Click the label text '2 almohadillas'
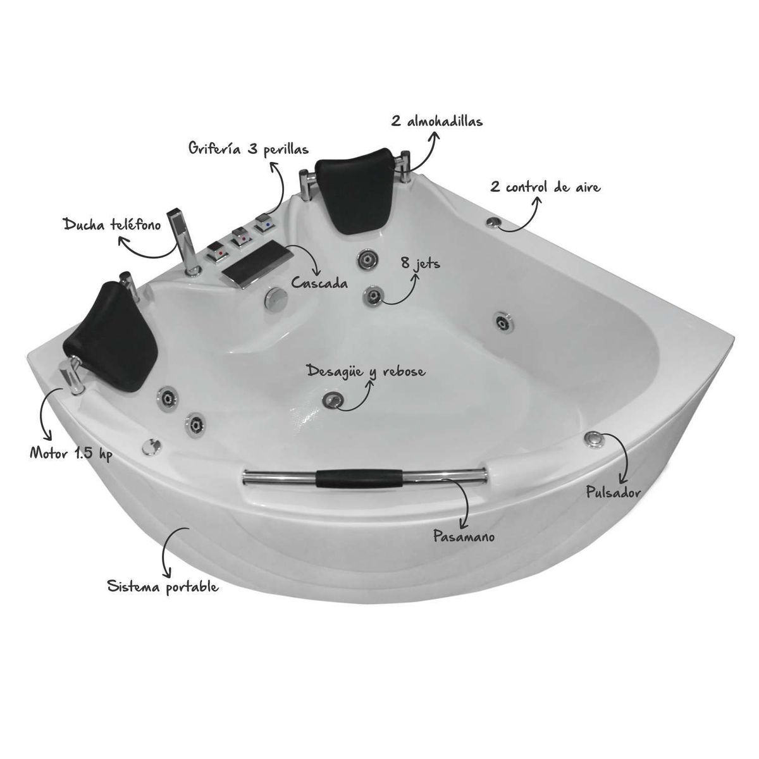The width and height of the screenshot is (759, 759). [436, 121]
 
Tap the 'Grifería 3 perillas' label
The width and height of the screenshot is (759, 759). [249, 149]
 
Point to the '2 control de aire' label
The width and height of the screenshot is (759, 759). [545, 187]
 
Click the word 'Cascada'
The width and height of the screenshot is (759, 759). [319, 283]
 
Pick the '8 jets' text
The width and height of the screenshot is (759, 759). [419, 262]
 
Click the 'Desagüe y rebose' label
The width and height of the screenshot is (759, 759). [366, 372]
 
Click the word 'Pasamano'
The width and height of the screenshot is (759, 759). [464, 536]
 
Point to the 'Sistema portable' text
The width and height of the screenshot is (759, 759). [163, 587]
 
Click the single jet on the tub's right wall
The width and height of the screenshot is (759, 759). [504, 322]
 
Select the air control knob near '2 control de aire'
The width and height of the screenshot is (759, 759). [493, 222]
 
